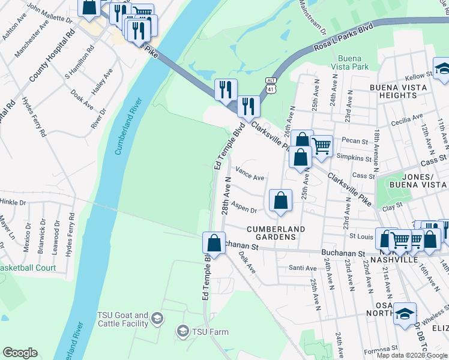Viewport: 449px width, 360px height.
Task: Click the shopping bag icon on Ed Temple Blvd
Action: click(214, 244)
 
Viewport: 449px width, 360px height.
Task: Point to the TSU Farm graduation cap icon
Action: click(182, 331)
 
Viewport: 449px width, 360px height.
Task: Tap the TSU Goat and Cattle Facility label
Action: click(122, 319)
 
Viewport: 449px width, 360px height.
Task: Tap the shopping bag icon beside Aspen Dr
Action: click(280, 200)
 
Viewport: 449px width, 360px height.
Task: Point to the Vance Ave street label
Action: click(250, 178)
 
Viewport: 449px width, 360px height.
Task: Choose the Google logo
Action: click(20, 353)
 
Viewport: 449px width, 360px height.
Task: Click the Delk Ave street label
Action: click(247, 262)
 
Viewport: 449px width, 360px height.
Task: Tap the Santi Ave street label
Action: click(302, 268)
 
